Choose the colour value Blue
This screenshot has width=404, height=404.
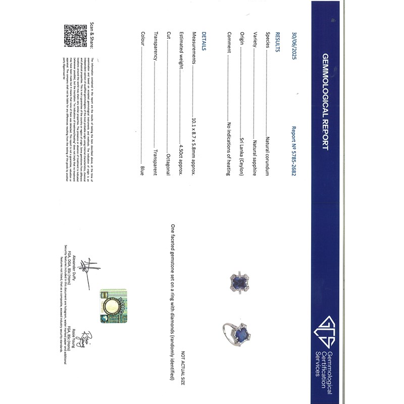pyautogui.click(x=142, y=170)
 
